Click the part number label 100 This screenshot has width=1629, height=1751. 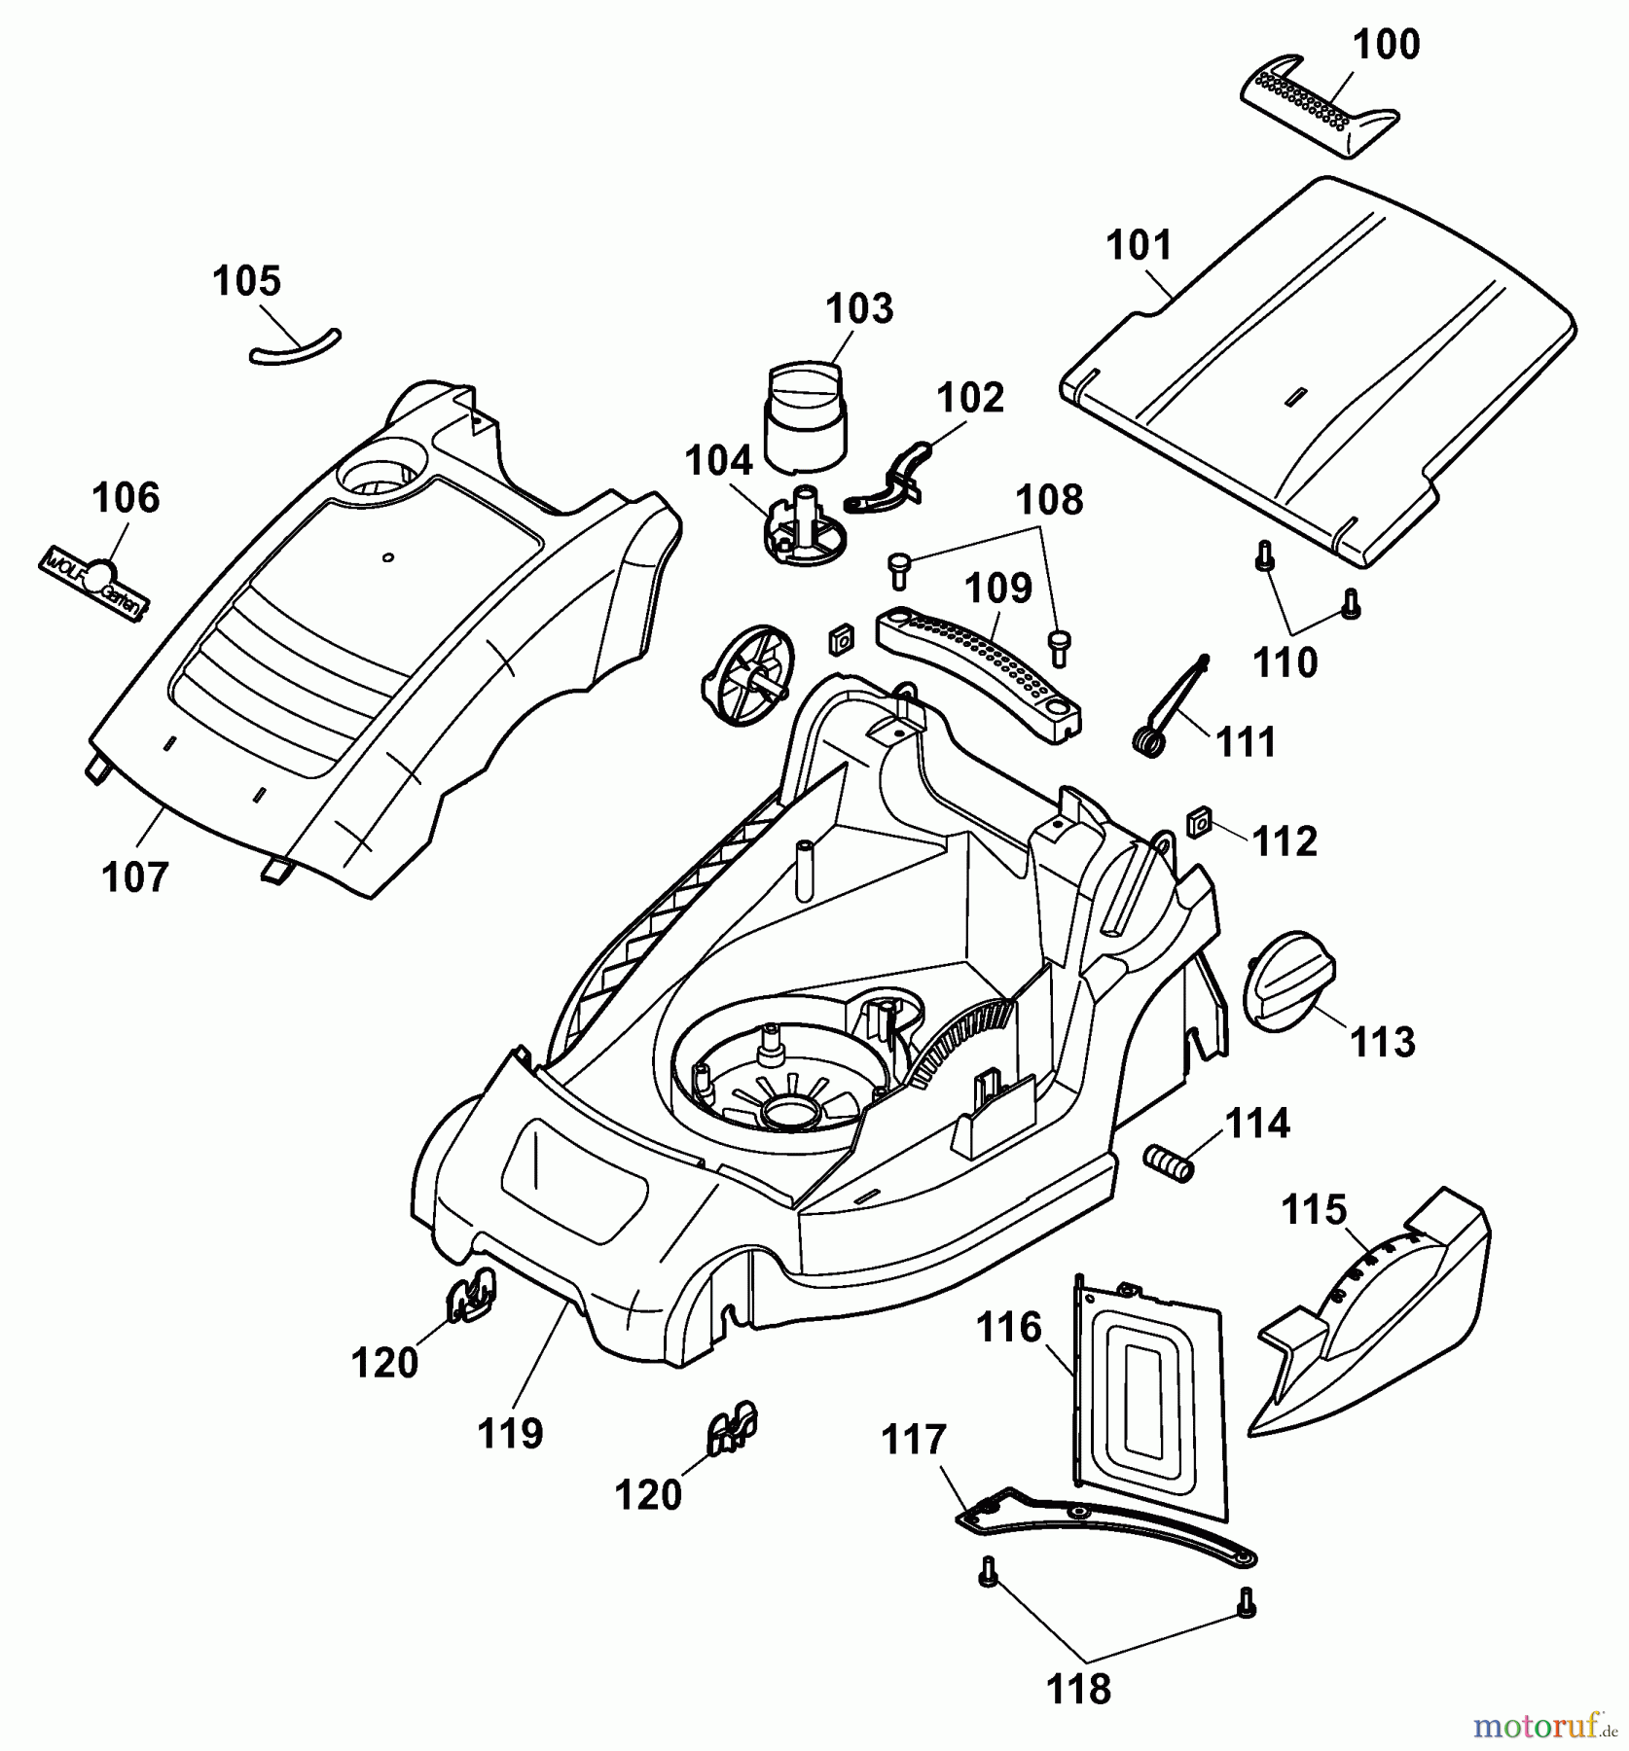tap(1387, 45)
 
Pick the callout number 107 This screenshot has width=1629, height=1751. tap(135, 877)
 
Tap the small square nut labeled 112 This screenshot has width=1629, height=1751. tap(1198, 824)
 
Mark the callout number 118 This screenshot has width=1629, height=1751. tap(1079, 1690)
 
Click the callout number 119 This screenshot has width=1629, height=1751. tap(511, 1433)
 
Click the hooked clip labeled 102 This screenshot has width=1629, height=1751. tap(891, 477)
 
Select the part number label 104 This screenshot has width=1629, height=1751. tap(718, 461)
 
